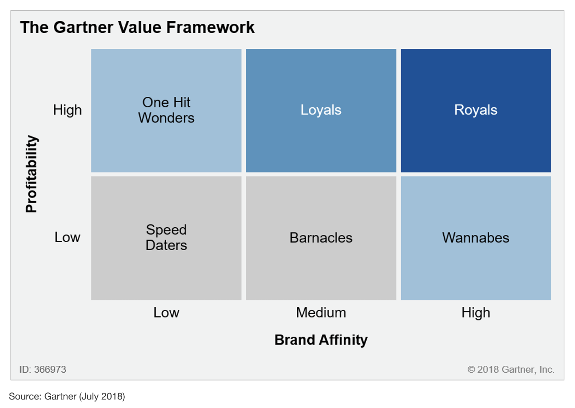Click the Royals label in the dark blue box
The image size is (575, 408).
click(x=475, y=110)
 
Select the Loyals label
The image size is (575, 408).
click(x=321, y=110)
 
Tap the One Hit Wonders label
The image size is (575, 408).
click(x=166, y=110)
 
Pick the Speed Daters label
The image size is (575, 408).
click(x=166, y=238)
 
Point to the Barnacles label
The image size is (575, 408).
click(x=321, y=238)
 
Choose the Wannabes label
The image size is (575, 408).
click(x=475, y=238)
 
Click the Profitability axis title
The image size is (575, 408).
click(x=32, y=174)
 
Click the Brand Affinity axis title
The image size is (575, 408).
click(x=321, y=340)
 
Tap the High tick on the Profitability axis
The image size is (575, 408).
click(x=67, y=110)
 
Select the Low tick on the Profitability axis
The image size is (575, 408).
click(x=67, y=237)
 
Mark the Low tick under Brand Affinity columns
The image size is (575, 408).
click(x=166, y=313)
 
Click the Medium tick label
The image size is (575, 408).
click(x=321, y=313)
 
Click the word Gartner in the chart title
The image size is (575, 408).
click(x=83, y=28)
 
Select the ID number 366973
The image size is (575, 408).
click(x=50, y=370)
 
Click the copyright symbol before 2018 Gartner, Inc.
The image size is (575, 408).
click(x=471, y=370)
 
